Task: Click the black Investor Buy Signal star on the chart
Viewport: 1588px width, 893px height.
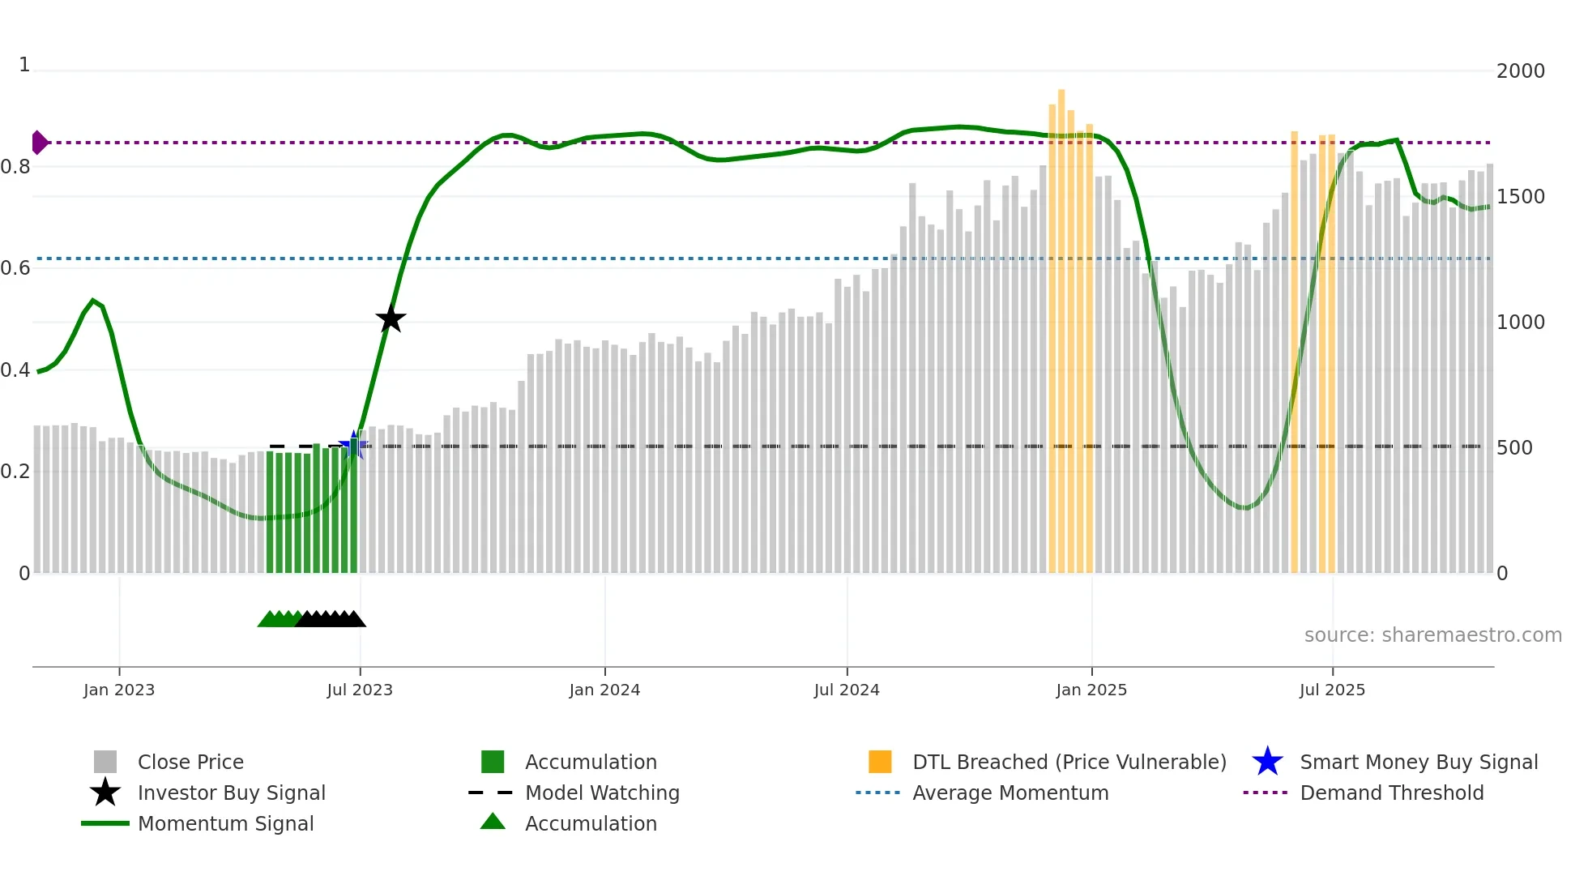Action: (391, 318)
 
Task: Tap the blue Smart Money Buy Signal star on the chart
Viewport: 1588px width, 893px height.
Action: (353, 446)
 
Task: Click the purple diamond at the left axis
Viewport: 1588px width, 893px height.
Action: (39, 143)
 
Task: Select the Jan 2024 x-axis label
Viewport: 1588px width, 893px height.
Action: (604, 690)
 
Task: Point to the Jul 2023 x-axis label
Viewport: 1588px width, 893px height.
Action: (360, 690)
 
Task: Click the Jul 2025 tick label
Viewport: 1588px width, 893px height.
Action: (1332, 690)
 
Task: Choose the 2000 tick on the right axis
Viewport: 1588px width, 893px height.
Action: (1520, 71)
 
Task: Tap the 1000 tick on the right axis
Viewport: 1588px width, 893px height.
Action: (1520, 323)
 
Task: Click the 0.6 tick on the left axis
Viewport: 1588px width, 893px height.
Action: (15, 268)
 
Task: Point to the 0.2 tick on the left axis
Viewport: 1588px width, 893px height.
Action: (15, 472)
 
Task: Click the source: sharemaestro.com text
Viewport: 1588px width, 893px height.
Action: (1432, 635)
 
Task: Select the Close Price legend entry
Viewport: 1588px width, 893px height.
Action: (190, 763)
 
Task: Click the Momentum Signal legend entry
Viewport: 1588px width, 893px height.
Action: (225, 824)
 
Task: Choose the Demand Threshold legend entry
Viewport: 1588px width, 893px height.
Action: (1391, 793)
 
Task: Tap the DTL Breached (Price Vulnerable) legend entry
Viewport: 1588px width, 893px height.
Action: (1069, 763)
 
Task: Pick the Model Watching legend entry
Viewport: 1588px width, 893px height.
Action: (602, 793)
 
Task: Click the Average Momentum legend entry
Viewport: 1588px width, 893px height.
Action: (1010, 793)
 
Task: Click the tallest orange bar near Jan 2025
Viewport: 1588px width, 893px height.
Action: (1061, 324)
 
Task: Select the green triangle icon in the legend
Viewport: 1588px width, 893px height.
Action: (493, 822)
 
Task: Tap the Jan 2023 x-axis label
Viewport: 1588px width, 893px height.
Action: (119, 690)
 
